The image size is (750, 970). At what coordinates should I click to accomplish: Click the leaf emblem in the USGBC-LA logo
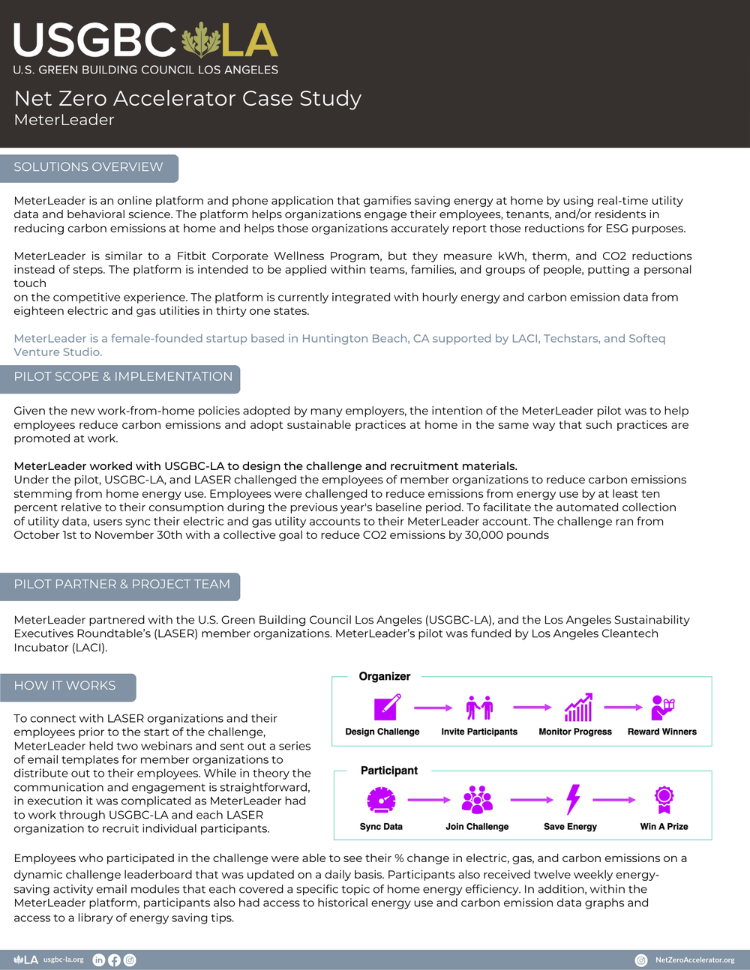(201, 40)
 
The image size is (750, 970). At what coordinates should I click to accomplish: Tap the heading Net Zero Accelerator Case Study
(187, 98)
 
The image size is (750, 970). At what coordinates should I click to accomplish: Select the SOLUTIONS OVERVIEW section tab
(88, 167)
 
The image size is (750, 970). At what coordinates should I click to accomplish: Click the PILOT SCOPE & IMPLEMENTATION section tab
(123, 377)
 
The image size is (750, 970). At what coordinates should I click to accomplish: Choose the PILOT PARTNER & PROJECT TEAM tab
(121, 585)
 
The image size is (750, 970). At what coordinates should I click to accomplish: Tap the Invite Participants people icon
(479, 708)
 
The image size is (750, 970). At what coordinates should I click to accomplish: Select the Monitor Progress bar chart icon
(578, 708)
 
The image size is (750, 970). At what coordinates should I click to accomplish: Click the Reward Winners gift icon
(662, 708)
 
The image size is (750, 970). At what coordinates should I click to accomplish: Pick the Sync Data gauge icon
(381, 800)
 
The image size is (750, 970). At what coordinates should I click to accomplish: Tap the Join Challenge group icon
(477, 800)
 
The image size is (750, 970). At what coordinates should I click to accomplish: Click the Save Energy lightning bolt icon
(573, 800)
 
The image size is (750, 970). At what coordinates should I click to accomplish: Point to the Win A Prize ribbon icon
(664, 800)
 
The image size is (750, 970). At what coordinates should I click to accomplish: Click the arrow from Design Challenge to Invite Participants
(433, 708)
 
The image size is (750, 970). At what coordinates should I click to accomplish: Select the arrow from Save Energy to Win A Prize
(614, 800)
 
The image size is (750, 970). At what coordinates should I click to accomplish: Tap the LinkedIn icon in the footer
(98, 960)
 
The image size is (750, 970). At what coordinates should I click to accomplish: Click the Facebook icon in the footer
(114, 960)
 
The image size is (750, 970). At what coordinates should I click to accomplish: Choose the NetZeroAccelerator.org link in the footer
(694, 960)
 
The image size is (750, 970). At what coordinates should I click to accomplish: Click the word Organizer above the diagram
(384, 677)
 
